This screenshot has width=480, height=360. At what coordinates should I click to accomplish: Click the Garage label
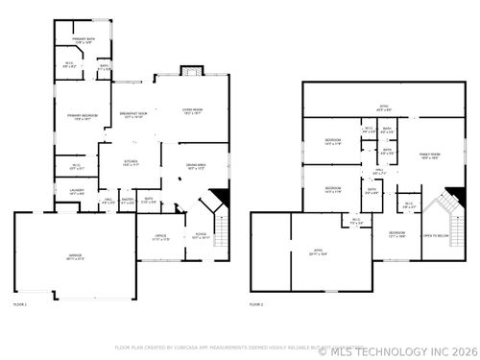click(74, 257)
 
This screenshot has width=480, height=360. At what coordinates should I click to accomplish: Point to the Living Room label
click(193, 111)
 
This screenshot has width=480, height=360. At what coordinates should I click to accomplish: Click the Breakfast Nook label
click(132, 115)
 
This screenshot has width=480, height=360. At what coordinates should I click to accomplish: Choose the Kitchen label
click(132, 164)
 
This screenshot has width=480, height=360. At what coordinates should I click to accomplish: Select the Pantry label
click(128, 202)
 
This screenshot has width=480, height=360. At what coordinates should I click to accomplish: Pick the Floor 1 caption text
click(20, 303)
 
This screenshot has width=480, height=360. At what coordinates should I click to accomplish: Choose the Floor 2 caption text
click(256, 303)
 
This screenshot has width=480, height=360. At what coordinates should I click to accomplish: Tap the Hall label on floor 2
click(379, 173)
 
